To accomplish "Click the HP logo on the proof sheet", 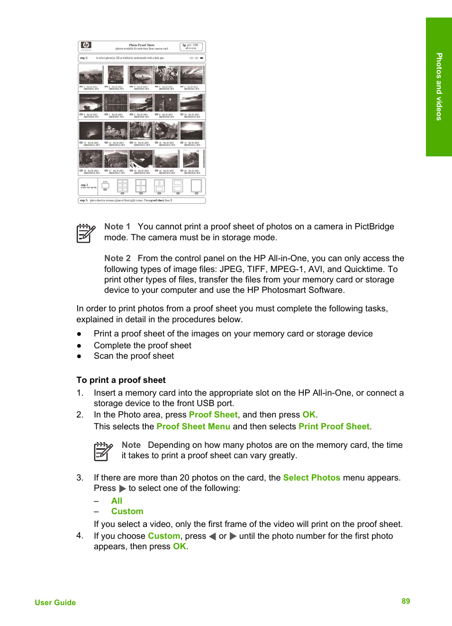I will pyautogui.click(x=86, y=45).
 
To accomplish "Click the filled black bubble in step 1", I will pyautogui.click(x=202, y=58).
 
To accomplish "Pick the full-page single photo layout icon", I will pyautogui.click(x=196, y=185).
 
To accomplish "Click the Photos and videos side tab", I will pyautogui.click(x=439, y=87).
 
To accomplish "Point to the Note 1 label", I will pyautogui.click(x=117, y=227).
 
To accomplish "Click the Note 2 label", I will pyautogui.click(x=117, y=258).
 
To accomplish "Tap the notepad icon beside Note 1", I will pyautogui.click(x=86, y=233).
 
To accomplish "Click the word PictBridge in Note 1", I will pyautogui.click(x=374, y=227).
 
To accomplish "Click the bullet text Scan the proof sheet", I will pyautogui.click(x=134, y=356).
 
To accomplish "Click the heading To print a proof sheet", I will pyautogui.click(x=121, y=380).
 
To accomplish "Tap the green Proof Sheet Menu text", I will pyautogui.click(x=193, y=426).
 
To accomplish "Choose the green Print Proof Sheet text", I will pyautogui.click(x=334, y=426).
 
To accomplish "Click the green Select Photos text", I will pyautogui.click(x=311, y=478).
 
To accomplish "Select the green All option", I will pyautogui.click(x=117, y=501).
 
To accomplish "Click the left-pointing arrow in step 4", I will pyautogui.click(x=212, y=536).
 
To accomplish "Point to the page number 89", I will pyautogui.click(x=406, y=601).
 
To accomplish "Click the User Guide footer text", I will pyautogui.click(x=55, y=603).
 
